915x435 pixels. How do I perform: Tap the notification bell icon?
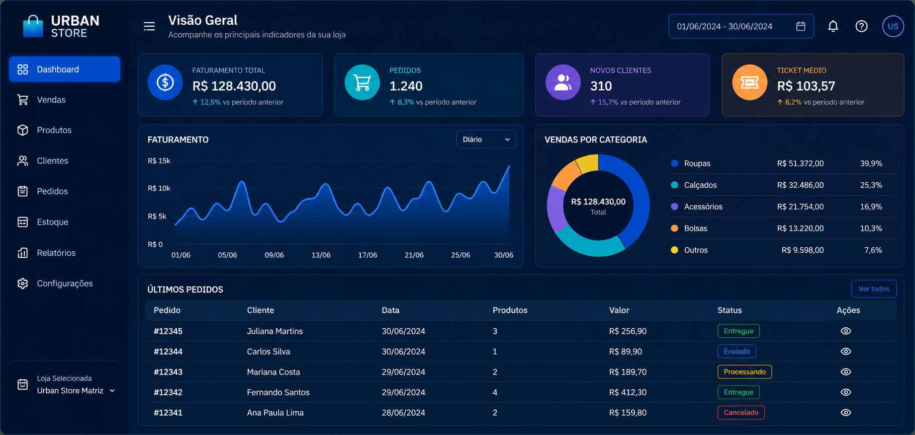(x=833, y=26)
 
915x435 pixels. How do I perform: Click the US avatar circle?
(x=893, y=26)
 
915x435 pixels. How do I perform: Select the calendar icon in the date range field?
(x=801, y=26)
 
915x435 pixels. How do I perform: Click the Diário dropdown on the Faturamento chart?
(x=486, y=139)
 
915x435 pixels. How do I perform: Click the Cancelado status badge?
(x=741, y=412)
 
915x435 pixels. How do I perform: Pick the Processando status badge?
(x=745, y=372)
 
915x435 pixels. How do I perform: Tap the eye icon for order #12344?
(x=846, y=351)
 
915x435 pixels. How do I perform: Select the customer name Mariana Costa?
(x=273, y=372)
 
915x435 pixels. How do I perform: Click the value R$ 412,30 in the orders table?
(x=627, y=392)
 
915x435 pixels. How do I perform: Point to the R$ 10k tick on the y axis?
(x=159, y=188)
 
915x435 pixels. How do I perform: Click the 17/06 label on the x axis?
(x=368, y=255)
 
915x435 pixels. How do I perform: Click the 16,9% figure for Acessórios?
(x=871, y=206)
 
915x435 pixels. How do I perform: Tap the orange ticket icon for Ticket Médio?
(x=750, y=82)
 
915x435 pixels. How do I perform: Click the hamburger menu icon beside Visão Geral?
(x=149, y=26)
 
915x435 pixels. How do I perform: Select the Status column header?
(x=729, y=310)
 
